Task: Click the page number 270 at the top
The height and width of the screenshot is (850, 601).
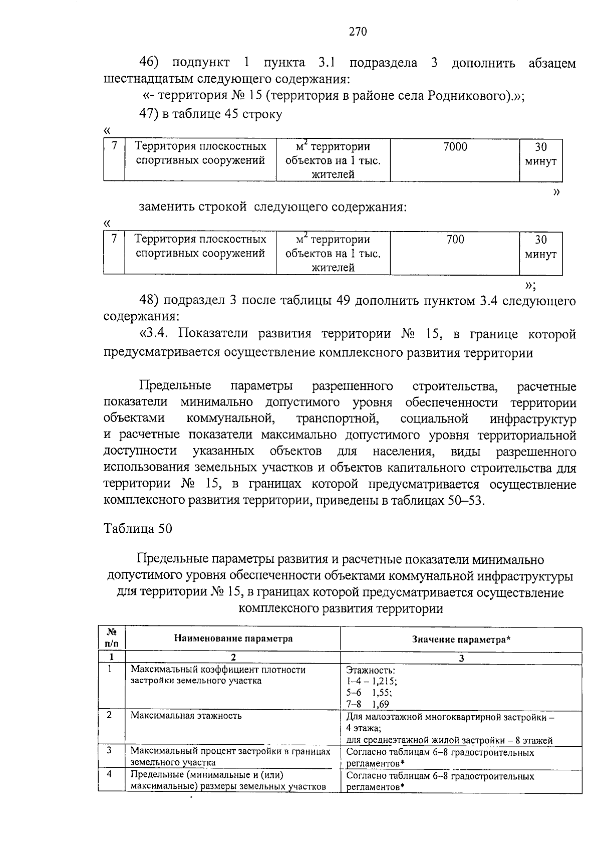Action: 358,32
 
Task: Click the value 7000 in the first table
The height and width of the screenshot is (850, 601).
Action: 455,147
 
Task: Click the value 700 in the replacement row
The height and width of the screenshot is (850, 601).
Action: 455,240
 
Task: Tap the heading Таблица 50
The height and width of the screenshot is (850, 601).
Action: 138,528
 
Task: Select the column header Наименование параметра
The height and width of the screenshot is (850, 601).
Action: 233,639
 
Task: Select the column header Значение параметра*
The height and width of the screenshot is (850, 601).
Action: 461,640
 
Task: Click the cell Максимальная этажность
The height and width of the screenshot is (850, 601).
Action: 186,715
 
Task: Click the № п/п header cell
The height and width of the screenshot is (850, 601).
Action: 112,639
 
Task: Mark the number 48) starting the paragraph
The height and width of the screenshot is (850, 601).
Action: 149,301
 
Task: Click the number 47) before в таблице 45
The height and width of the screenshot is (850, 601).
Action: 149,114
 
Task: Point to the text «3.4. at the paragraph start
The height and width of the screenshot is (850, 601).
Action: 156,334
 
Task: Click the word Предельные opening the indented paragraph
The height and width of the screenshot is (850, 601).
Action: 175,386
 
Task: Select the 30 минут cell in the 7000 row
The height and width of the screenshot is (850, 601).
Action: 540,154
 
